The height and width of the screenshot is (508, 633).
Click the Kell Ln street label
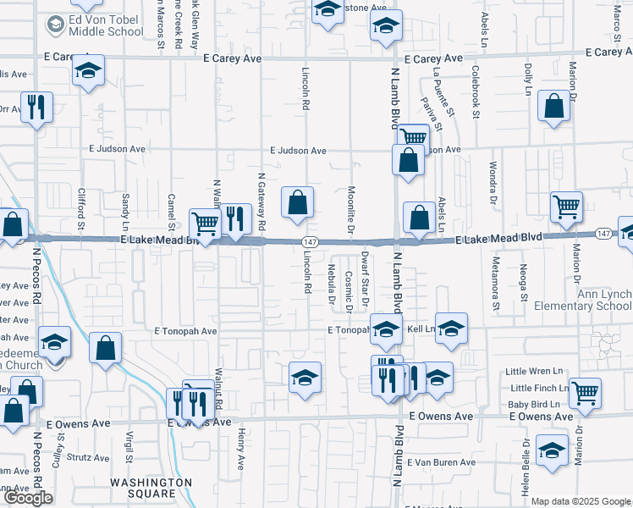[x=420, y=328]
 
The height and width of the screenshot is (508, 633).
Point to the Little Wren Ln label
[x=533, y=371]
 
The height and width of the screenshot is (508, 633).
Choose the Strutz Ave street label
[x=88, y=457]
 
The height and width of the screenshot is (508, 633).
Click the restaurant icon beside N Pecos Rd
[x=36, y=108]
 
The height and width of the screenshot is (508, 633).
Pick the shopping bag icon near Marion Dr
[x=553, y=108]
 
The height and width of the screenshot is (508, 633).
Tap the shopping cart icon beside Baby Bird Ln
[x=585, y=392]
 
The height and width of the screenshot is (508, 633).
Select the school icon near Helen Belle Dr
[x=553, y=450]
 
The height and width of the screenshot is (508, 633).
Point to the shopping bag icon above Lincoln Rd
[x=297, y=202]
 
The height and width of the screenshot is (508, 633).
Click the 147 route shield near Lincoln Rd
[x=310, y=242]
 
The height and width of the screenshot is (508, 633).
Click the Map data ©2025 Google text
[x=580, y=501]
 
